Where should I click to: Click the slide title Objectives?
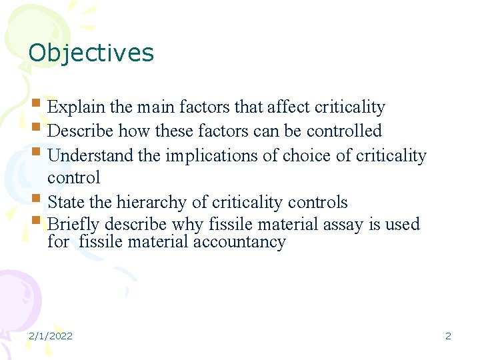click(x=91, y=53)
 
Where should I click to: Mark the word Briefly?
click(x=73, y=225)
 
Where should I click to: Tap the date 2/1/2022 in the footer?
click(x=51, y=336)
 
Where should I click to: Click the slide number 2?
click(x=448, y=336)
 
